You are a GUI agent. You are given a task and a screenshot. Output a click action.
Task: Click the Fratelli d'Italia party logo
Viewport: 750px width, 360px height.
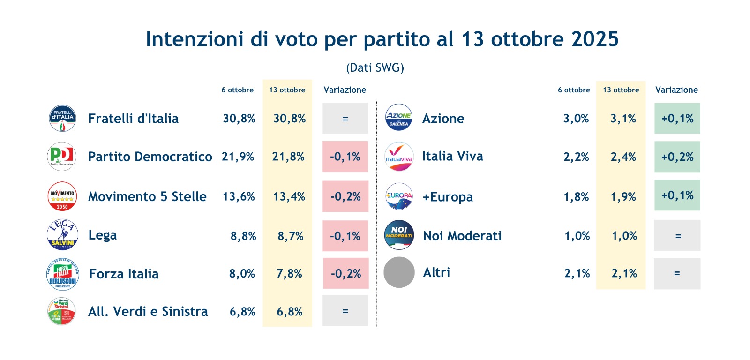click(x=62, y=118)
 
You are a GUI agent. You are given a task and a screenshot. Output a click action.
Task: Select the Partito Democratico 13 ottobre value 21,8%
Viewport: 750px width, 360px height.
click(x=288, y=157)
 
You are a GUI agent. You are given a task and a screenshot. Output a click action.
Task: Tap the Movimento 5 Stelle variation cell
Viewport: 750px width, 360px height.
click(x=345, y=196)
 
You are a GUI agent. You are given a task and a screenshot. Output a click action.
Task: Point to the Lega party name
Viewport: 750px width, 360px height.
click(x=103, y=235)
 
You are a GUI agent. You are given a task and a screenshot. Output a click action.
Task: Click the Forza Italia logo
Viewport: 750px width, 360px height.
click(x=62, y=274)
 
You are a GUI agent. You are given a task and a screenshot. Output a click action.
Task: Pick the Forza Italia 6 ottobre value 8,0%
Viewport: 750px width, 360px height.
click(x=242, y=274)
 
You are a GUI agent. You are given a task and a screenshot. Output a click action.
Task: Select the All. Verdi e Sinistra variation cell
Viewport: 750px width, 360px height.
click(x=345, y=311)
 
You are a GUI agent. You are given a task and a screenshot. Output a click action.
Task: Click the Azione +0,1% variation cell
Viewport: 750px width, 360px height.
click(x=677, y=119)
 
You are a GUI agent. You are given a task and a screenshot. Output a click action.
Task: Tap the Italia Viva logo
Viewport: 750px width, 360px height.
click(x=399, y=157)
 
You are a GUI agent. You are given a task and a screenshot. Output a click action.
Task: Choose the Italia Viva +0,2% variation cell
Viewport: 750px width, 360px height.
click(x=677, y=157)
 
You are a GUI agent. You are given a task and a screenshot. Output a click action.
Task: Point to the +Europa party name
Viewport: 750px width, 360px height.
click(x=448, y=197)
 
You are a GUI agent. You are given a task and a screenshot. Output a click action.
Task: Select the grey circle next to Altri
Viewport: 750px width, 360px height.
click(x=399, y=272)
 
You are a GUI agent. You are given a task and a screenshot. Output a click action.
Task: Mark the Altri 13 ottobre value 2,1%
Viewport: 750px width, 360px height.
click(x=624, y=274)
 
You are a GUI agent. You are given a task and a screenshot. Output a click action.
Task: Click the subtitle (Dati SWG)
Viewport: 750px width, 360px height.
click(x=375, y=68)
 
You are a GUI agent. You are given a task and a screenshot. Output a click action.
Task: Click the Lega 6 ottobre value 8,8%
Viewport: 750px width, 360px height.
click(x=243, y=236)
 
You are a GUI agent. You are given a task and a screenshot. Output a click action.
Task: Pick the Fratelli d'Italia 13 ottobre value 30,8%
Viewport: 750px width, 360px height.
click(x=289, y=119)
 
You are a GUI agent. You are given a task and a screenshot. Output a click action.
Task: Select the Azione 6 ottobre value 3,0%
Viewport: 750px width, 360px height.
click(x=576, y=119)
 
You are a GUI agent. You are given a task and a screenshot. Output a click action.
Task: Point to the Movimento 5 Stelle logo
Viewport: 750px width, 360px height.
click(x=62, y=196)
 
